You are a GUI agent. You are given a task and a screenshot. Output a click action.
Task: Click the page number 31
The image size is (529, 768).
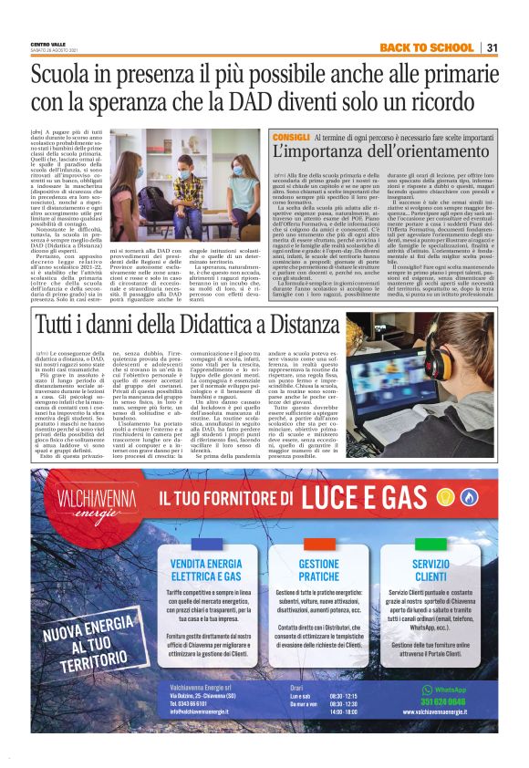tap(492, 47)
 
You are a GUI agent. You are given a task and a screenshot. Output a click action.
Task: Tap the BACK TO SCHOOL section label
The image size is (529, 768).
tap(426, 47)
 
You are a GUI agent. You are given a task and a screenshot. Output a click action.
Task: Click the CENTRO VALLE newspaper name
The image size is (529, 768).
tap(48, 44)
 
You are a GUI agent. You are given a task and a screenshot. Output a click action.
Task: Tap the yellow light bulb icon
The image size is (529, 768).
tap(447, 497)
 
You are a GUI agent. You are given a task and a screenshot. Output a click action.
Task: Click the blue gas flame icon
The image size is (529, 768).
tap(470, 497)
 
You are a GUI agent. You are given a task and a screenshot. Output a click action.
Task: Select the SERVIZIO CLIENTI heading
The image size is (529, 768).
tap(430, 570)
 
